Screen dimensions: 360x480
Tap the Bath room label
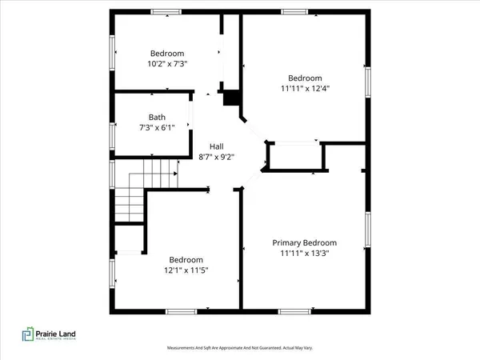(x=157, y=118)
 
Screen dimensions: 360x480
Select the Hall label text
(x=216, y=146)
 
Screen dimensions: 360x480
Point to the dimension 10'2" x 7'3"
(x=167, y=63)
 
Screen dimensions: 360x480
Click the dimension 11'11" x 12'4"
(x=305, y=89)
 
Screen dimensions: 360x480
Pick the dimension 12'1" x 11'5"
(x=186, y=271)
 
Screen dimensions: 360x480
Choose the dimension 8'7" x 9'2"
(x=216, y=158)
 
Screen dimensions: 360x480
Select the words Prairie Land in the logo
(x=66, y=332)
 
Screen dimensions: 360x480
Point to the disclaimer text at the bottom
(x=240, y=348)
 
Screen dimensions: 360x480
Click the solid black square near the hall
(x=231, y=97)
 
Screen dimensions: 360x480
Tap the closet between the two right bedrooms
(x=296, y=156)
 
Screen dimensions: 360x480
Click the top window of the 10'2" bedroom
(x=166, y=11)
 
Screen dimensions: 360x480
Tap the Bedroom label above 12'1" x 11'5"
(x=186, y=260)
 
